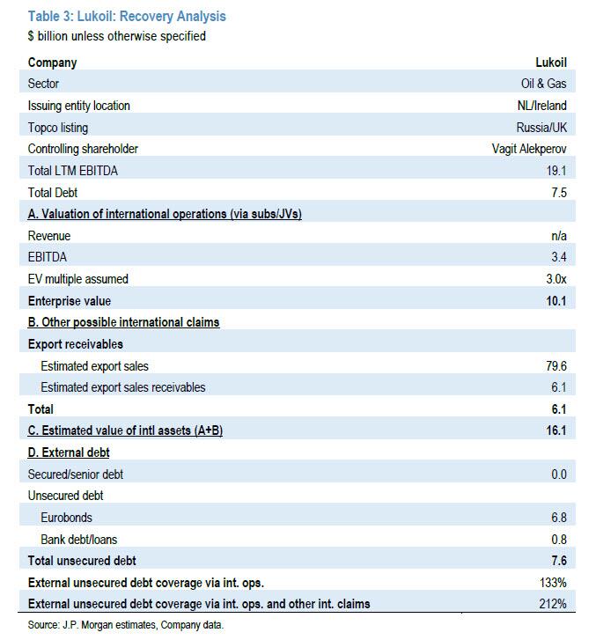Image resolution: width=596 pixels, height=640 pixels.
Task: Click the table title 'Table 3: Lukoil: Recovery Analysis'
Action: click(127, 16)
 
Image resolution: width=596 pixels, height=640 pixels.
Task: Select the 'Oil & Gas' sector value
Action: click(544, 85)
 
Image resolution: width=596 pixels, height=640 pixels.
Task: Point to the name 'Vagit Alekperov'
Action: click(529, 149)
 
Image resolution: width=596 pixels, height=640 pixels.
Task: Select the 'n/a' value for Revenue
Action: click(558, 236)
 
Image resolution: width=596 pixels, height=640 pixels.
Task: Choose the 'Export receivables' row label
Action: click(76, 344)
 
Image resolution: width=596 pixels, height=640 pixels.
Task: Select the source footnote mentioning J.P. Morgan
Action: click(126, 625)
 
